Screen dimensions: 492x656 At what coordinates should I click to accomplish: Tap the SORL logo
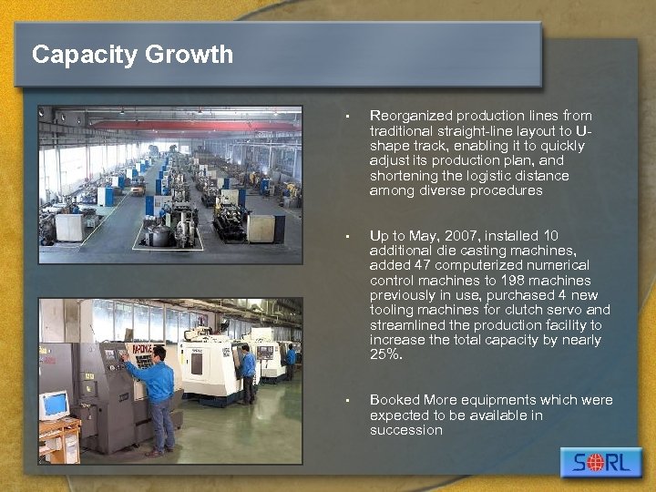click(x=600, y=462)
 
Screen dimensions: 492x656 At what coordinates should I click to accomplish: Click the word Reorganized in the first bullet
click(x=411, y=116)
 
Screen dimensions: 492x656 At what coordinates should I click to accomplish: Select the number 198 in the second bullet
click(x=514, y=281)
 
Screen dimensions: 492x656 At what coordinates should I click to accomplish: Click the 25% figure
click(x=386, y=354)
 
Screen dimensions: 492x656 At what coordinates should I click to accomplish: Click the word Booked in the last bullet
click(x=393, y=400)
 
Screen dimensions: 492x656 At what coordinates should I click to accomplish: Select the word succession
click(x=405, y=430)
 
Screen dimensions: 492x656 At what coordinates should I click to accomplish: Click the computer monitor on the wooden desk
click(x=54, y=405)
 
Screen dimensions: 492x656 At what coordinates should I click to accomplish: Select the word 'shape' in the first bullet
click(x=389, y=146)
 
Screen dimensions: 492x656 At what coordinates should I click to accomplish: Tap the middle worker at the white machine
click(x=247, y=373)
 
